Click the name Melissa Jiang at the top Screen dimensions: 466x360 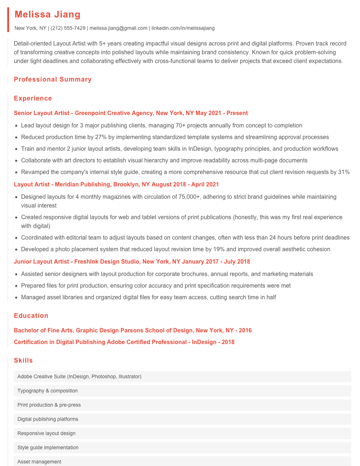click(x=48, y=15)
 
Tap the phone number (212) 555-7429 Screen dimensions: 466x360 click(x=68, y=28)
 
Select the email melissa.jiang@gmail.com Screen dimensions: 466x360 click(x=118, y=28)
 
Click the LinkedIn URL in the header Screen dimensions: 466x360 click(x=183, y=28)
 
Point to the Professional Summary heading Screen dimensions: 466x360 click(x=53, y=79)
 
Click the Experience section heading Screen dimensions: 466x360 click(x=33, y=98)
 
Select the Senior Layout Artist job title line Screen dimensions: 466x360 click(x=131, y=113)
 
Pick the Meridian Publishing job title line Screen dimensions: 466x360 click(x=116, y=185)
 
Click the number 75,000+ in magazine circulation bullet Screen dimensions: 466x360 click(x=189, y=197)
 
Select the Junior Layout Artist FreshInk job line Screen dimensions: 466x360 click(x=132, y=262)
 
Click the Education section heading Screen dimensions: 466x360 click(x=31, y=316)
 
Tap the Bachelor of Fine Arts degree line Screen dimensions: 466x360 click(x=132, y=331)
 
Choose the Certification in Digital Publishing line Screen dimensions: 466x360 click(x=124, y=342)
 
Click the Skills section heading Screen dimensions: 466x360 click(x=23, y=360)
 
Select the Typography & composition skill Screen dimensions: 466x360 click(x=48, y=391)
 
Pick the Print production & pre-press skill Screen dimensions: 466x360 click(x=49, y=405)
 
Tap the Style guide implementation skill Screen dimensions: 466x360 click(x=48, y=447)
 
